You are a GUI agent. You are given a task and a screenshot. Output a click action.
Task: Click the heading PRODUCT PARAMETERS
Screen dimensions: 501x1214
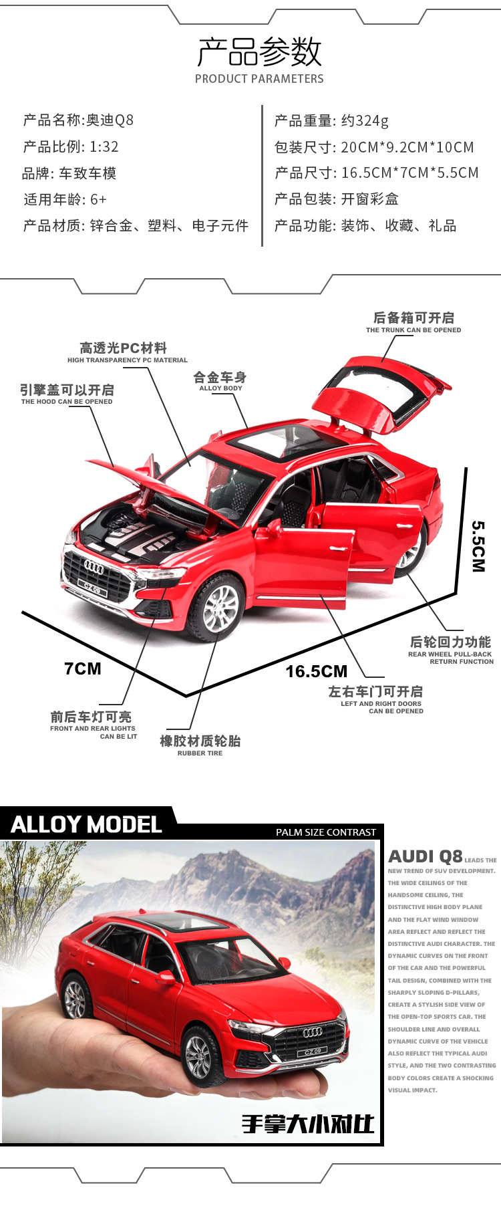click(x=259, y=79)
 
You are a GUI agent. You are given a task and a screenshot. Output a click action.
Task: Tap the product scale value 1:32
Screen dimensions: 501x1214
click(x=104, y=147)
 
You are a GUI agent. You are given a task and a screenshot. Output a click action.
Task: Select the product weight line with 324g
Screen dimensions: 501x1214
click(x=331, y=121)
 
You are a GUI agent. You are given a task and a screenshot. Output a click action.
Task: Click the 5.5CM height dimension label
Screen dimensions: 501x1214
click(x=478, y=546)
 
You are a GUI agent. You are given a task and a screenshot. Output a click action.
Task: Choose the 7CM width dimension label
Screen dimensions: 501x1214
click(x=83, y=669)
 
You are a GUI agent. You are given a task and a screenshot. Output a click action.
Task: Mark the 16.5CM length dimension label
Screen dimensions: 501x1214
click(x=317, y=672)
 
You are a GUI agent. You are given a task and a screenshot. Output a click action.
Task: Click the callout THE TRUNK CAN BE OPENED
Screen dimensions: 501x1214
click(x=413, y=330)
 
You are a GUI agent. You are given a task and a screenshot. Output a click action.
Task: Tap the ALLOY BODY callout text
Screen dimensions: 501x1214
click(x=220, y=388)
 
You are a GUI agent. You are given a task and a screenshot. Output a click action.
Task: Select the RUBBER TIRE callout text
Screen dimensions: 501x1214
click(x=200, y=753)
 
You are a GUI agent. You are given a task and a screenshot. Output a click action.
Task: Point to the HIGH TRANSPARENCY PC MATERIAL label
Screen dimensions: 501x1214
click(x=128, y=360)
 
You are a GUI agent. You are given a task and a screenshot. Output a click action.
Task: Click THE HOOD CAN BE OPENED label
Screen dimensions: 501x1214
click(x=67, y=402)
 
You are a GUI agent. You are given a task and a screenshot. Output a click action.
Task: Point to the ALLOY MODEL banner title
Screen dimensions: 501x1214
click(x=87, y=825)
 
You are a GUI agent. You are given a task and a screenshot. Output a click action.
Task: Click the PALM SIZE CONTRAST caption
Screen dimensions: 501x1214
click(x=326, y=832)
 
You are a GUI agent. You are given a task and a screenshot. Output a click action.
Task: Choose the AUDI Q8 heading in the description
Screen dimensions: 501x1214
click(x=426, y=857)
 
